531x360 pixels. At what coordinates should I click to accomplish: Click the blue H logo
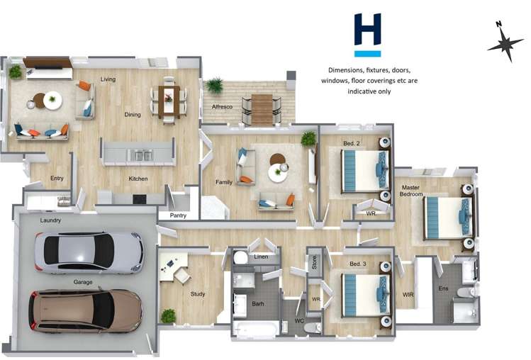[x=368, y=34]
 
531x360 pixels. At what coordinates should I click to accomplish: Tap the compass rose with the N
[x=505, y=45]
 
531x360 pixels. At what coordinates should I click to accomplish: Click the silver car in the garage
[x=89, y=252]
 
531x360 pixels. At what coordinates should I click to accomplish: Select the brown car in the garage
[x=85, y=310]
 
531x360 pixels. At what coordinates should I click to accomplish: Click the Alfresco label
[x=223, y=106]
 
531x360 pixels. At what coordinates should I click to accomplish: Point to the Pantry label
[x=179, y=215]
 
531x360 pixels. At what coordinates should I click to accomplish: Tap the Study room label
[x=198, y=293]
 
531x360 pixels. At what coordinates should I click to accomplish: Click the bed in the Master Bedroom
[x=448, y=217]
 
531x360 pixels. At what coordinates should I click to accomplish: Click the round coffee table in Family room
[x=278, y=172]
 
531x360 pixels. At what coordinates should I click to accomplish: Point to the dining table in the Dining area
[x=169, y=100]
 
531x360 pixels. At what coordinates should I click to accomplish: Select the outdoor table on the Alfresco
[x=262, y=108]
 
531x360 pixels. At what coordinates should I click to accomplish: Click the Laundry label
[x=50, y=220]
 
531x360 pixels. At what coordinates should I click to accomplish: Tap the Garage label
[x=83, y=281]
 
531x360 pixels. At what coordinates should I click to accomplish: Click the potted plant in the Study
[x=168, y=315]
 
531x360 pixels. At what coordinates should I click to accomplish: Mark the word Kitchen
[x=138, y=179]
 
